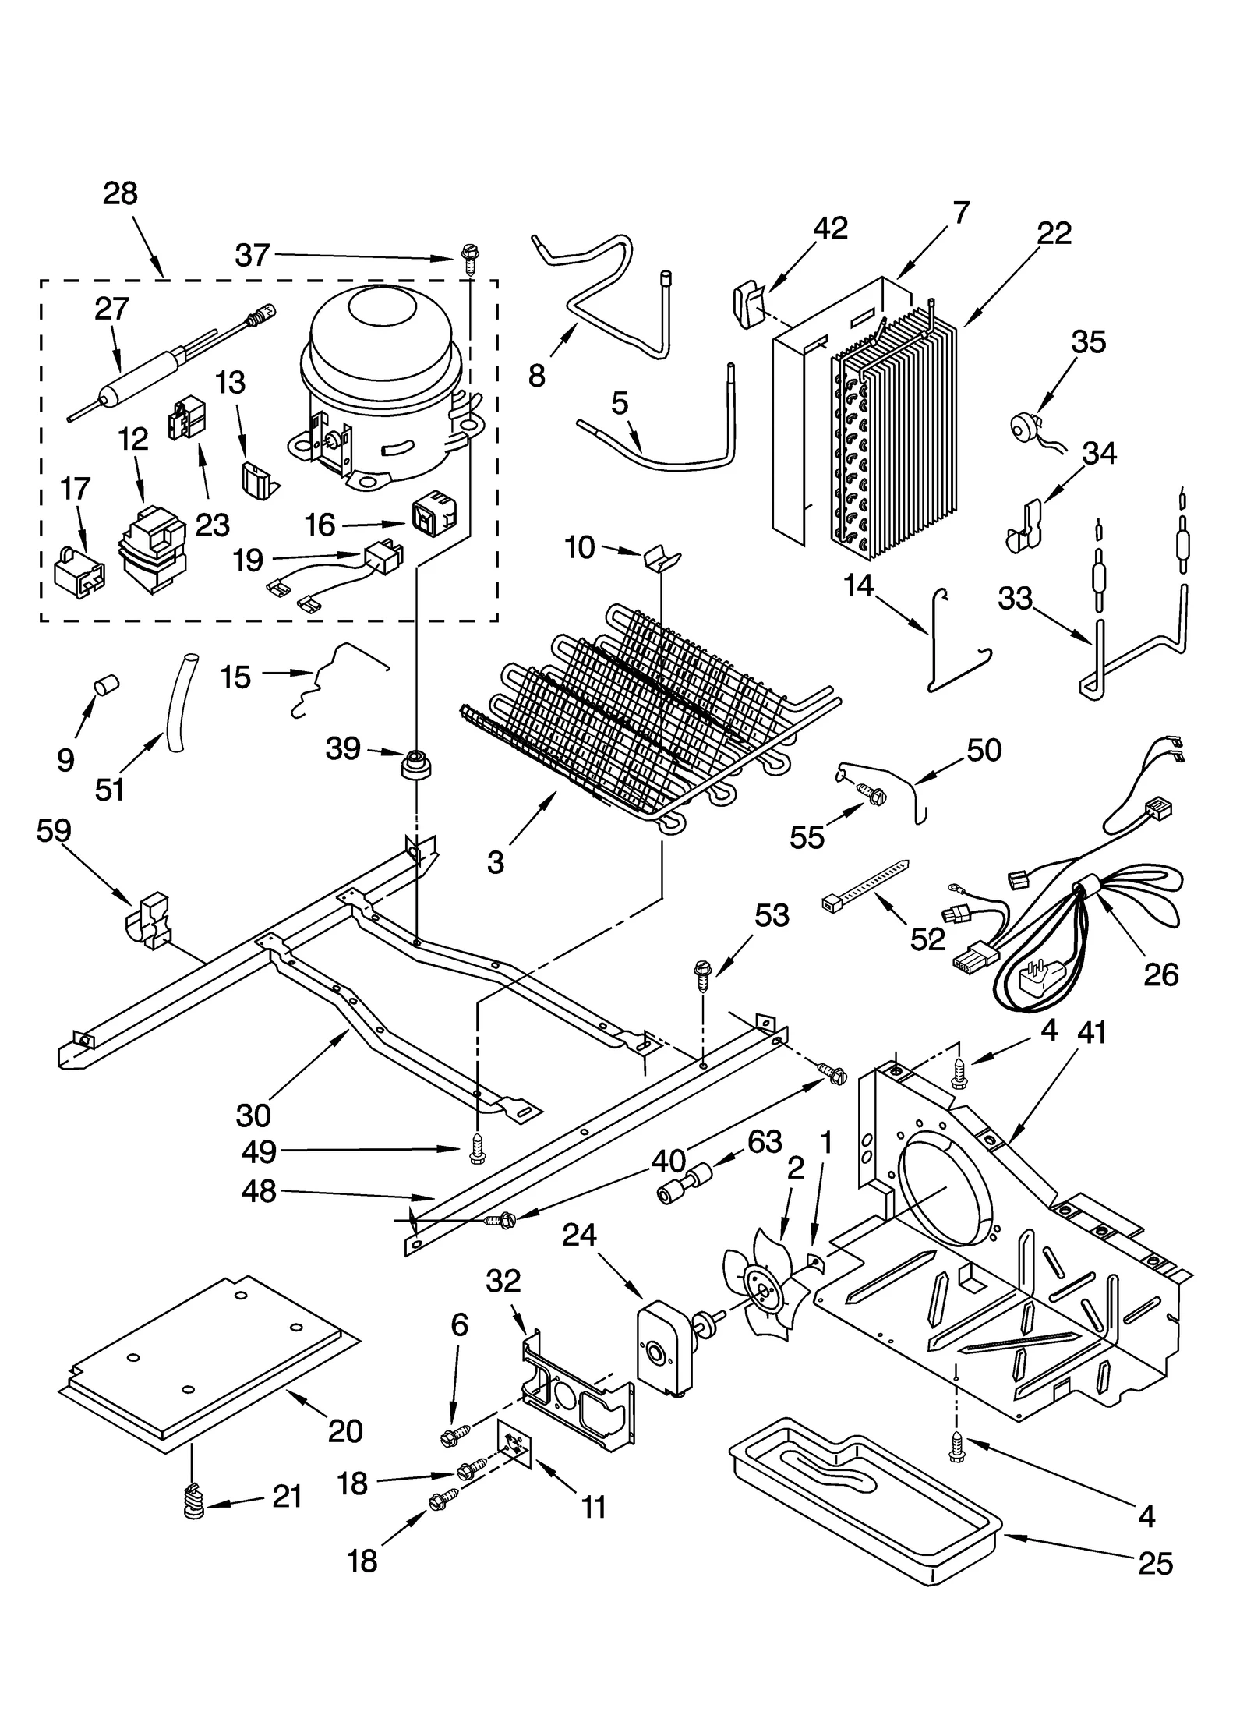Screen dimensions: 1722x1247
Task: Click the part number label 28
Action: pos(120,193)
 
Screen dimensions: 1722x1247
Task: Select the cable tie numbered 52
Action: pos(865,882)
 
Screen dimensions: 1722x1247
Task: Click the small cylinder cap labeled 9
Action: pos(105,685)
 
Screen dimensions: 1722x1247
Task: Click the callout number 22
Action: pos(1054,232)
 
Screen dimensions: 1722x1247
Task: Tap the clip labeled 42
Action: pos(747,305)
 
